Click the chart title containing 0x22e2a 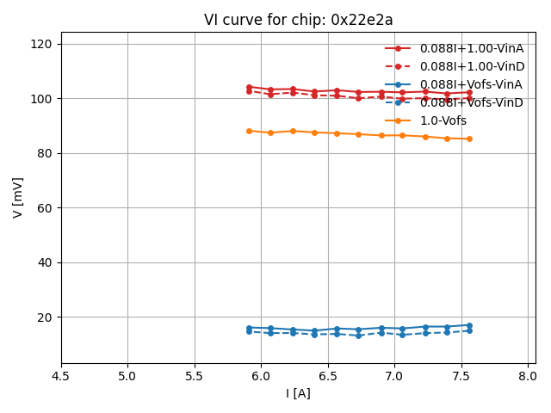click(298, 20)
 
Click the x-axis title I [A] click(298, 394)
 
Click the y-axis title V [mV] click(18, 197)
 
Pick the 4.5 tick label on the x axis click(61, 377)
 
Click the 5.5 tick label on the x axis click(195, 377)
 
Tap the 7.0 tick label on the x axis click(394, 377)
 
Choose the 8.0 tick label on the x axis click(528, 377)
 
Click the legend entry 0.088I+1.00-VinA click(472, 48)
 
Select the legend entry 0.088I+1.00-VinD click(472, 66)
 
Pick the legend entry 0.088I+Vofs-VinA click(472, 84)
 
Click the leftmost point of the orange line click(249, 131)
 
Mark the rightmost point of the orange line click(469, 139)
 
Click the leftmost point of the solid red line click(249, 87)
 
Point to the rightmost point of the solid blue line click(469, 325)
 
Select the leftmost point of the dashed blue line click(249, 331)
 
